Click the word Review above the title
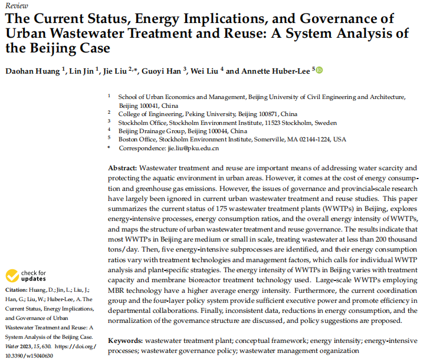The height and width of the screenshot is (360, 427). [x=14, y=6]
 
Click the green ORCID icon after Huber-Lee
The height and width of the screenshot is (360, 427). [x=320, y=71]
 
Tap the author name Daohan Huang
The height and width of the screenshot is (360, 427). [x=32, y=71]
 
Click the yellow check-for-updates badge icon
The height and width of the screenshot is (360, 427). [x=12, y=276]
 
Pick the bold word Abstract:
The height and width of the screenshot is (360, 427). [x=122, y=168]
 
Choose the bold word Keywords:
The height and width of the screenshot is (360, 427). [x=124, y=341]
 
